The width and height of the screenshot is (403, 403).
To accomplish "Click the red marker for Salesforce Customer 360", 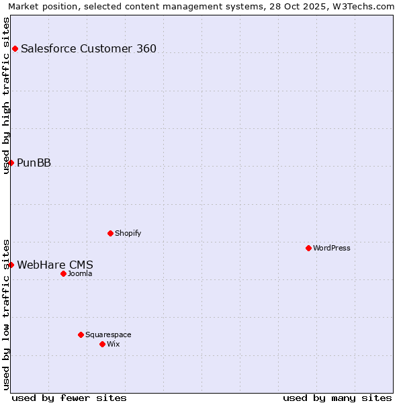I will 15,48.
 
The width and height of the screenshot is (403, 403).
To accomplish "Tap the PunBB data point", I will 11,163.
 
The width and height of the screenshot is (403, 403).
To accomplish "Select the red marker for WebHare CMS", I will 11,265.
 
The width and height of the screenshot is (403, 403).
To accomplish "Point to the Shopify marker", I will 110,233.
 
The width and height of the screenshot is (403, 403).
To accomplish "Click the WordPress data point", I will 308,248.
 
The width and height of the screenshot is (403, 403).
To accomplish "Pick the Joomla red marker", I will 63,273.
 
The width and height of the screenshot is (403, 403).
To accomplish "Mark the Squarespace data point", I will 81,334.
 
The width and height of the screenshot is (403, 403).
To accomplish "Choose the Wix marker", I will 102,344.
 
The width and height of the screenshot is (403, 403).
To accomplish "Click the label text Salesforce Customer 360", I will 89,48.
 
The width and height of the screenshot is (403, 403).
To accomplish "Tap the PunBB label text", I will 34,163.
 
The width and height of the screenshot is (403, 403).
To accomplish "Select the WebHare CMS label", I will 55,265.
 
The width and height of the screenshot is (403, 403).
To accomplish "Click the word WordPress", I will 332,248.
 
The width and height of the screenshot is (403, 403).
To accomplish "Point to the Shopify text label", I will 128,233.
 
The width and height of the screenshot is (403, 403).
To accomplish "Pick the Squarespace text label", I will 108,334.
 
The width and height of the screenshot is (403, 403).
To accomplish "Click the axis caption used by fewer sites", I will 69,398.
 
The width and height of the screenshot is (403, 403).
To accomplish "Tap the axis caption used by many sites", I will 337,398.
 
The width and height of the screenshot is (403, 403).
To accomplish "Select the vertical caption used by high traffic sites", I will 6,95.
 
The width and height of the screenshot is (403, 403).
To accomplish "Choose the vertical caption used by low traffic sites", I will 6,314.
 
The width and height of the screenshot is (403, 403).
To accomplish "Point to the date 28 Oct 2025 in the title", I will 298,6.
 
